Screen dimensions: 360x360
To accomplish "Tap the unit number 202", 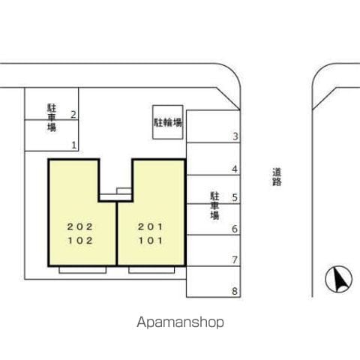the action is (80, 227).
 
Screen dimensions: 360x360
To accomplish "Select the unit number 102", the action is (80, 241).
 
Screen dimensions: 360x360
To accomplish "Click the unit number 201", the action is (151, 227).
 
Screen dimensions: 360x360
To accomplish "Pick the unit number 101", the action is (151, 241).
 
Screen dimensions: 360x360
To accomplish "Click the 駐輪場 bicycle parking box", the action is (168, 122).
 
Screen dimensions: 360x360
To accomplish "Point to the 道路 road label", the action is (277, 177).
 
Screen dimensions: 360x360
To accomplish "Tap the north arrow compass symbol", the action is (339, 279).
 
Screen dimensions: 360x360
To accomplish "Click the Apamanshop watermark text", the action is (180, 322).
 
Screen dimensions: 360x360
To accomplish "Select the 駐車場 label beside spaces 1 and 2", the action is (52, 118).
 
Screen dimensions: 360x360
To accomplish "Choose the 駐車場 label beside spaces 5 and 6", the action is (214, 205).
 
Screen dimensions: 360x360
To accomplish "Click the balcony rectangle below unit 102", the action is (82, 270).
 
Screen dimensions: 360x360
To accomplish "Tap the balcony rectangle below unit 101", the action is (151, 270).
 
